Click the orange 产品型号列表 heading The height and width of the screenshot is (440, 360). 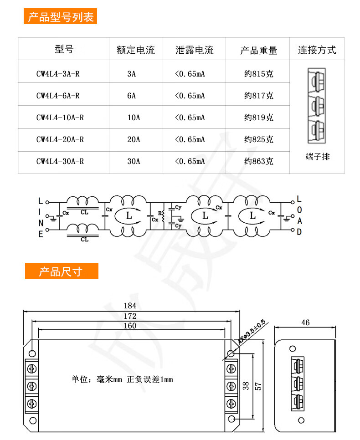[x=61, y=17]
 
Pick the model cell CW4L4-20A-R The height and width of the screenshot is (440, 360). [x=60, y=139]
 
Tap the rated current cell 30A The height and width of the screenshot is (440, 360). [x=134, y=161]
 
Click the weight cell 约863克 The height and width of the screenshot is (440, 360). [x=258, y=161]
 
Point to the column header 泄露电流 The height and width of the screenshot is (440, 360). [x=194, y=50]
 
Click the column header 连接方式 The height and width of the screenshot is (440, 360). [x=317, y=50]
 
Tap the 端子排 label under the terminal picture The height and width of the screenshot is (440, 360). [x=317, y=157]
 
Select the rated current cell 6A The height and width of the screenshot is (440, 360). [x=132, y=96]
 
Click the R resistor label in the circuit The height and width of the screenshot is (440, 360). [x=159, y=213]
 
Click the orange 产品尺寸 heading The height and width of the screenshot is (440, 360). [x=61, y=271]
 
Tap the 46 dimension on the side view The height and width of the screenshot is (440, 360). [x=305, y=322]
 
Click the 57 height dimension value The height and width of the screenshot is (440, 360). [x=258, y=386]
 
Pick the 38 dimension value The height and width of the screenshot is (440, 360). [x=246, y=386]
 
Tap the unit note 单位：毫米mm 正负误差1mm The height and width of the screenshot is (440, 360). [x=122, y=379]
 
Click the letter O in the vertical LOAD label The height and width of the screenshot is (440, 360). [x=299, y=210]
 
